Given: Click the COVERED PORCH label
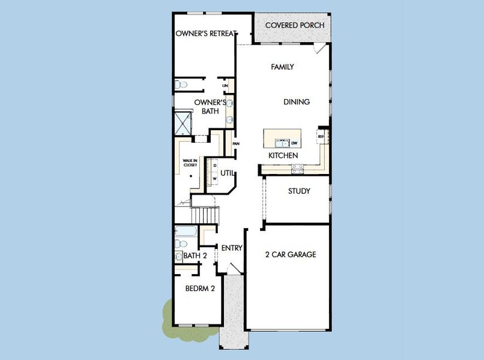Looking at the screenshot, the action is (294, 25).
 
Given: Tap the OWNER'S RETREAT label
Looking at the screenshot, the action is (205, 34).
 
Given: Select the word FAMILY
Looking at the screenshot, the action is (282, 67).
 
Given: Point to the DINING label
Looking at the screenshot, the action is (297, 102).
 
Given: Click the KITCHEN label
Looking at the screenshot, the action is (283, 155).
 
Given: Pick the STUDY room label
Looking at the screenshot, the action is (298, 191).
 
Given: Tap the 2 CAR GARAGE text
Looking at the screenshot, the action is (291, 254).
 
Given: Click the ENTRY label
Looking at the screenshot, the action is (231, 248).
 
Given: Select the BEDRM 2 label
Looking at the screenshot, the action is (200, 288).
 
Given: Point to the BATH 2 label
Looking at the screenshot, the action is (195, 256).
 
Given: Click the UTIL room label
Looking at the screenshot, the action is (226, 173).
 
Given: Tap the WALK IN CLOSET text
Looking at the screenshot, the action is (190, 163).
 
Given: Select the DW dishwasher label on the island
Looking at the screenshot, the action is (294, 143).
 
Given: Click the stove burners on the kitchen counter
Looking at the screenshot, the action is (297, 170).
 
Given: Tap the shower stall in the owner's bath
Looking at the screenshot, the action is (183, 123).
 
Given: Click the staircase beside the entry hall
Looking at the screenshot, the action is (205, 214).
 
